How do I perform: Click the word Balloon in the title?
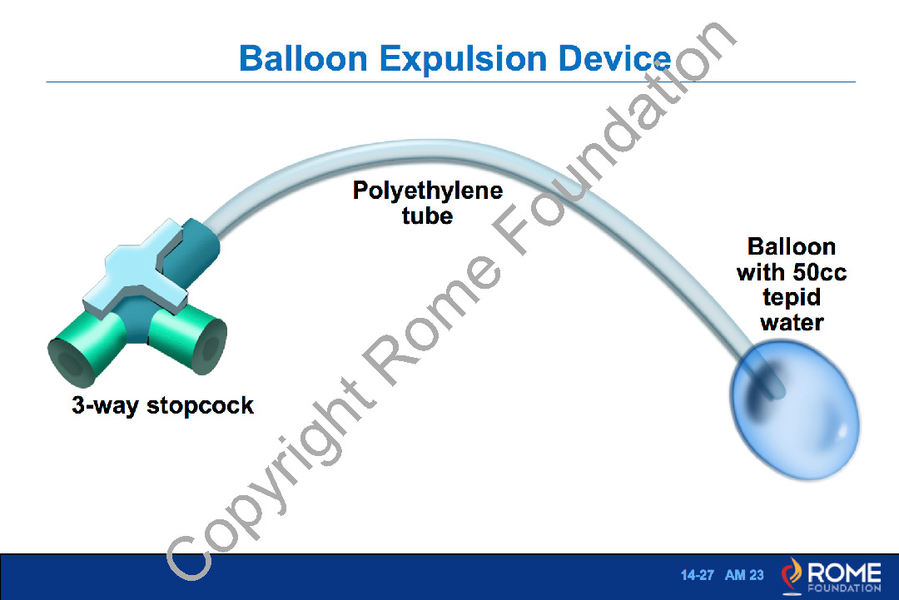click(x=303, y=58)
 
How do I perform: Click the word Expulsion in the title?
click(x=464, y=60)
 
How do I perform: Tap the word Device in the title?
click(x=614, y=58)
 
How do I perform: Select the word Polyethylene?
click(x=428, y=191)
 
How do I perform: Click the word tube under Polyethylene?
click(x=427, y=216)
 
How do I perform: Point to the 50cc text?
click(x=821, y=272)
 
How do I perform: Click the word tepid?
click(x=792, y=298)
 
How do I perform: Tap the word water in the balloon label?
click(x=792, y=323)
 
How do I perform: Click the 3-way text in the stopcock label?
click(x=106, y=406)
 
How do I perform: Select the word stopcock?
click(x=200, y=406)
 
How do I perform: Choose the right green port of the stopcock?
click(x=189, y=338)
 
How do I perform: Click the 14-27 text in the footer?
click(x=698, y=575)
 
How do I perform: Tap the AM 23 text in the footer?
click(x=744, y=575)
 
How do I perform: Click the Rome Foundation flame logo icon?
click(x=792, y=575)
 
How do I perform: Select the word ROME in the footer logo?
click(x=844, y=572)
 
